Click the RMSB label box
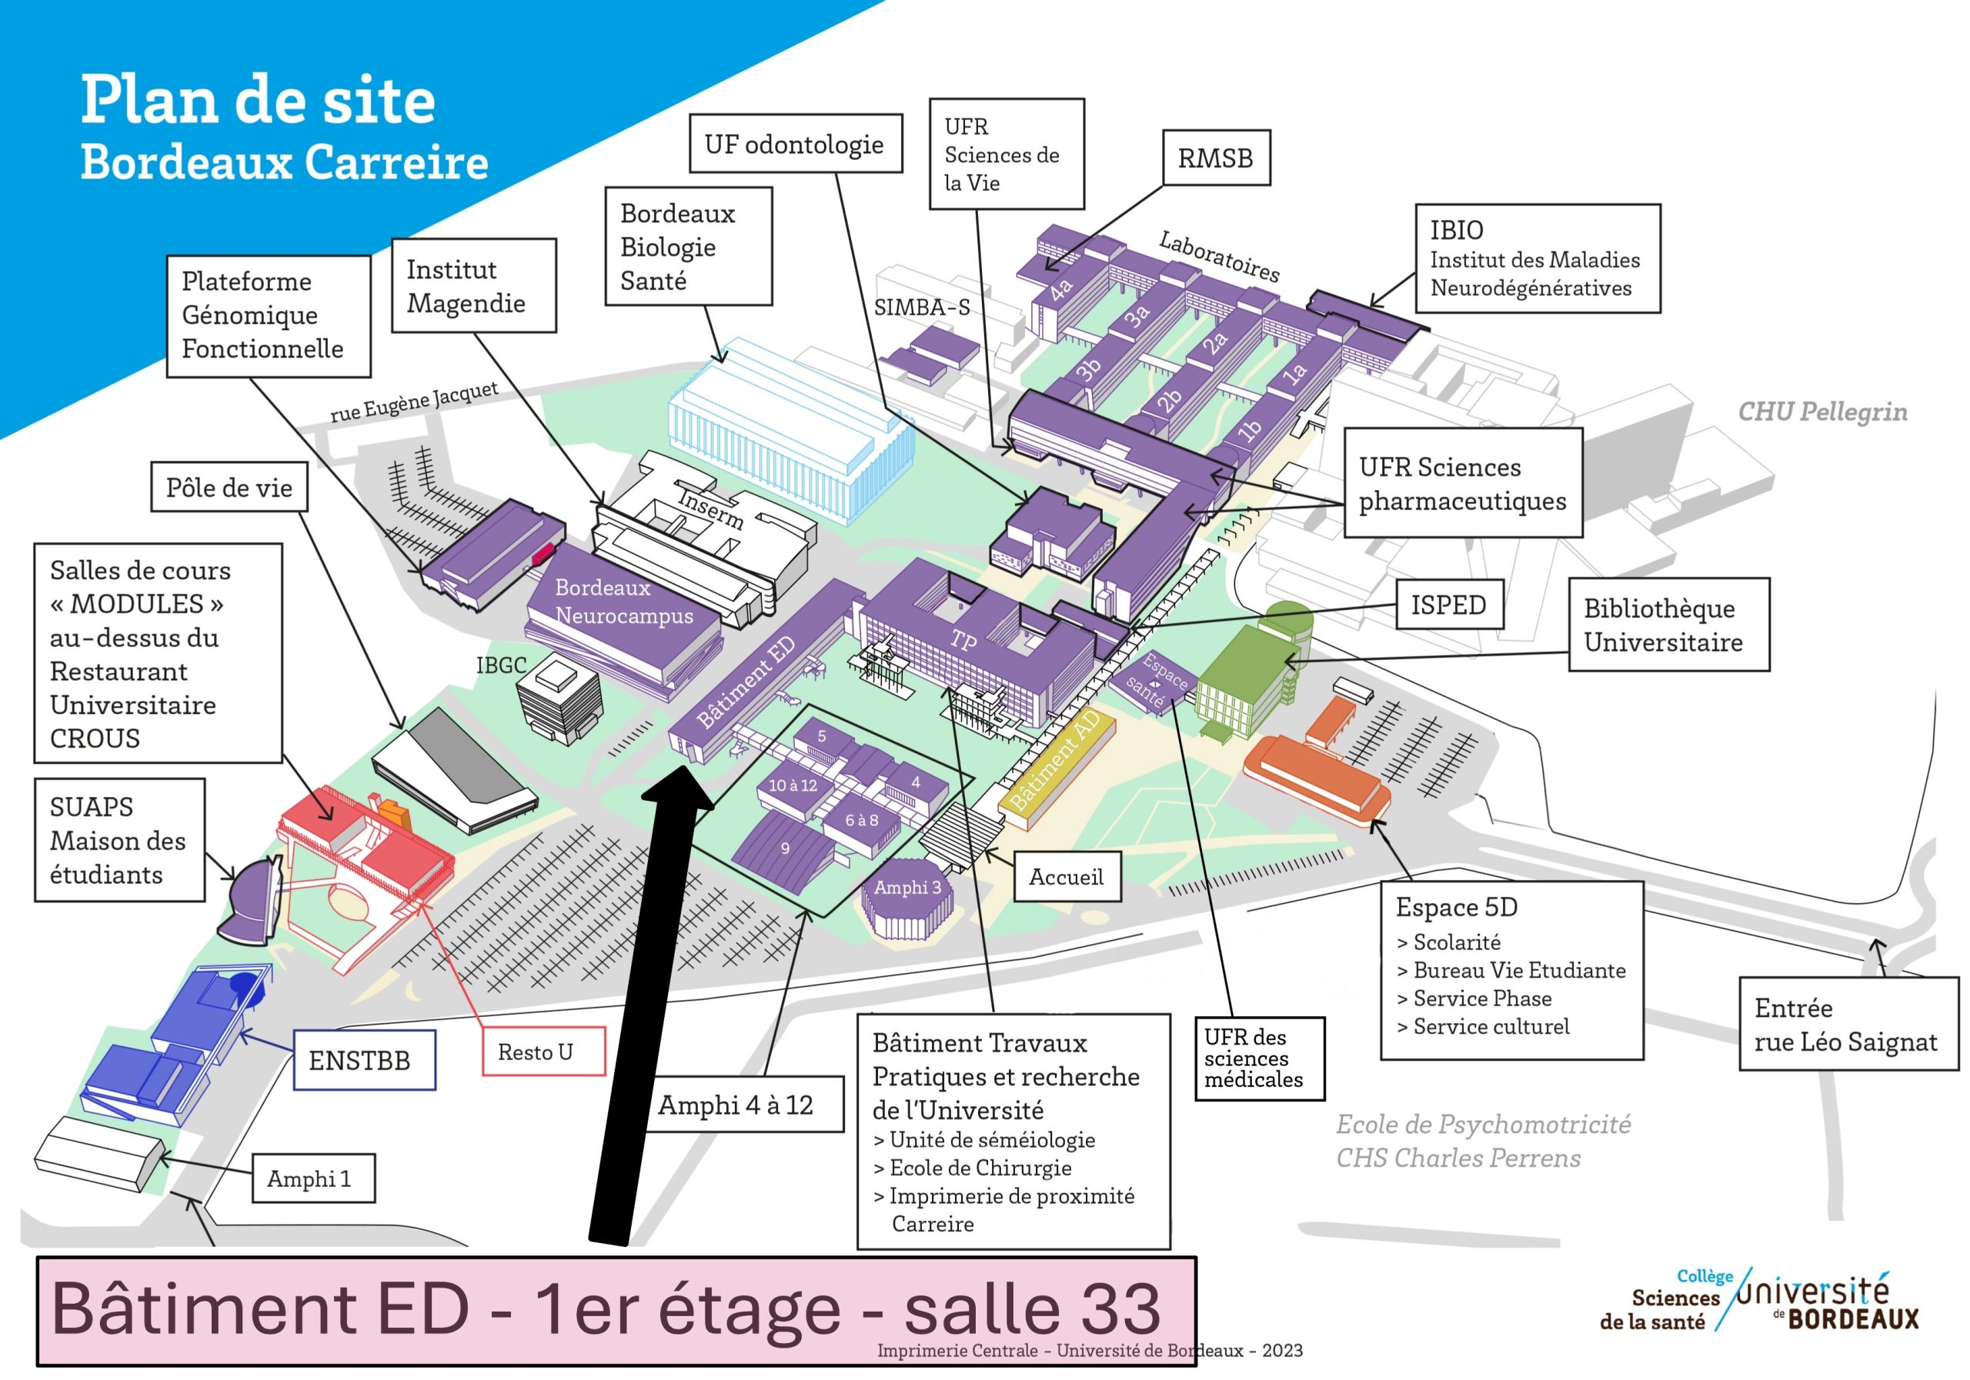pyautogui.click(x=1215, y=158)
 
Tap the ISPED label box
pyautogui.click(x=1448, y=605)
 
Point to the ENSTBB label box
pyautogui.click(x=364, y=1060)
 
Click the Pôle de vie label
pyautogui.click(x=229, y=487)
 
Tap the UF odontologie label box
pyautogui.click(x=794, y=144)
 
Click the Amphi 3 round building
pyautogui.click(x=907, y=897)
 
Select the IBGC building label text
pyautogui.click(x=501, y=665)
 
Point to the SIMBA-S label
pyautogui.click(x=921, y=307)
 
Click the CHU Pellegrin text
pyautogui.click(x=1822, y=412)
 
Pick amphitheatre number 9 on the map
pyautogui.click(x=784, y=848)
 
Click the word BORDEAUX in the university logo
pyautogui.click(x=1852, y=1319)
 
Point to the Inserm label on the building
pyautogui.click(x=710, y=508)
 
